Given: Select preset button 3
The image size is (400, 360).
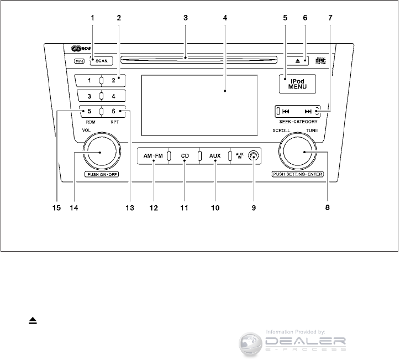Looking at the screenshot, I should (x=89, y=96).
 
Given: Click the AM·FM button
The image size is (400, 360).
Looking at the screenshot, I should (x=150, y=156).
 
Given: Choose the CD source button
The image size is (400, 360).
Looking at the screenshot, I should (x=185, y=156).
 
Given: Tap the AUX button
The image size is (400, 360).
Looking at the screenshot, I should (x=215, y=156).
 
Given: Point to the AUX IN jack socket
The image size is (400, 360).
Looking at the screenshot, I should (x=253, y=156).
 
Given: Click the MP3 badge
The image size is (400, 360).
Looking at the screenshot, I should (x=80, y=62).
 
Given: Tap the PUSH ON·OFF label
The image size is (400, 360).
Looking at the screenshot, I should (x=102, y=174).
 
